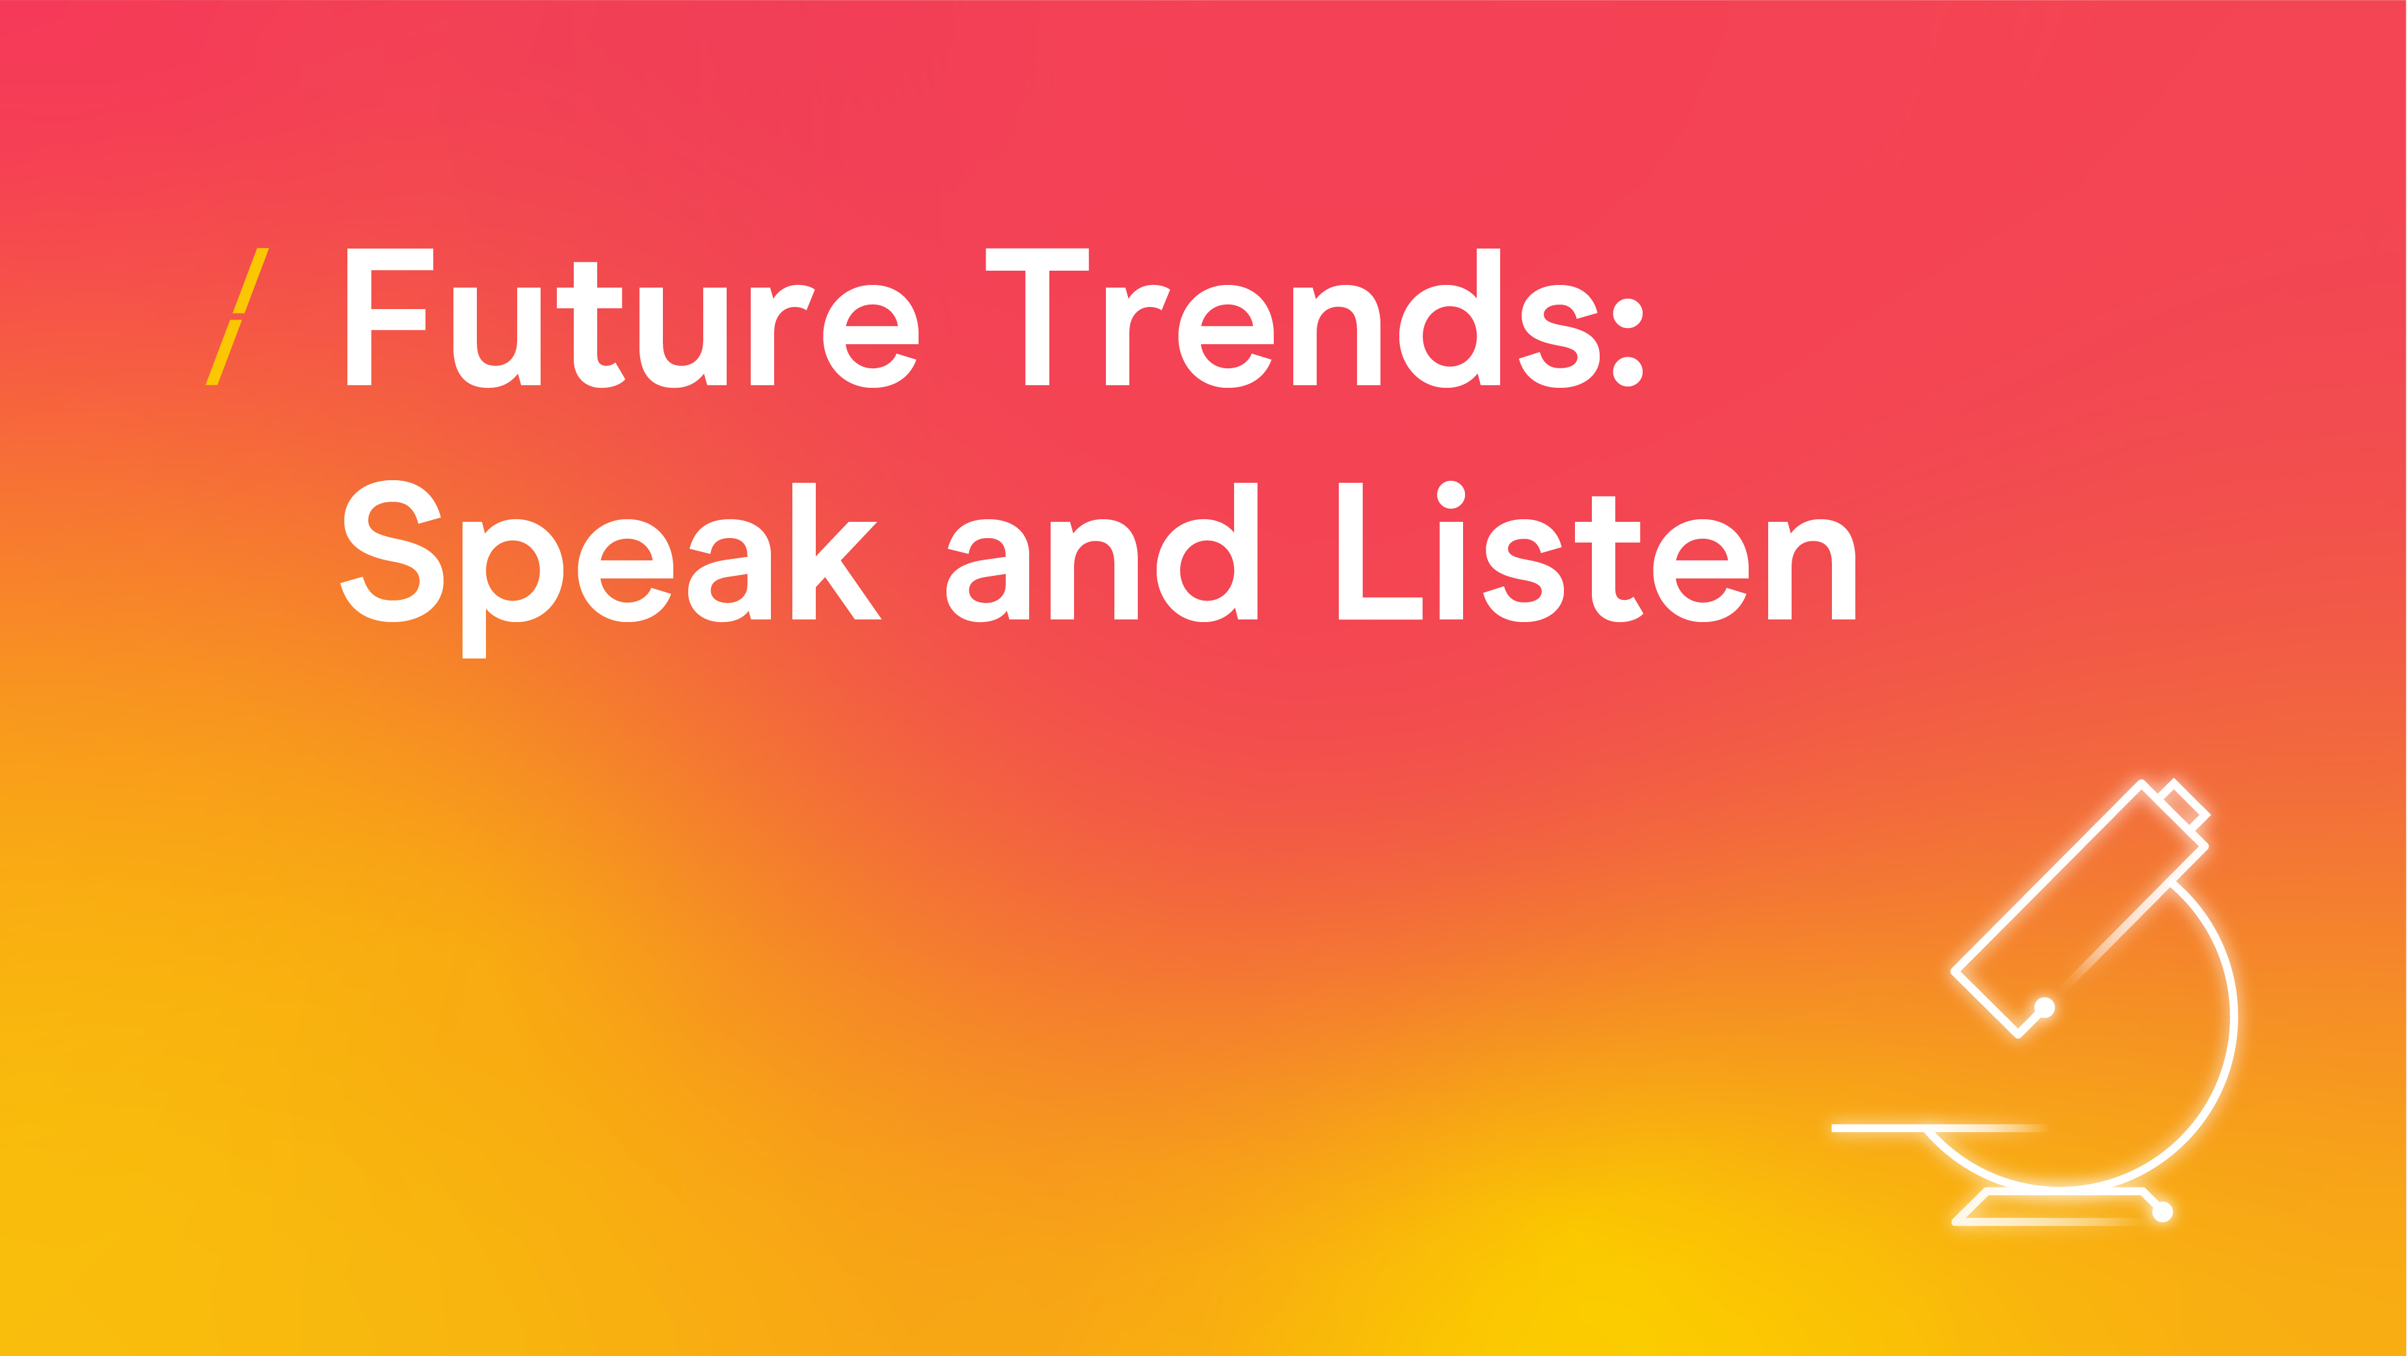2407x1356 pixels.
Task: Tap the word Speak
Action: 611,568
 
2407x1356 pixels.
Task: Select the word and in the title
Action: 1103,551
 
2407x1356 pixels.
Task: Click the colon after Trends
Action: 1628,342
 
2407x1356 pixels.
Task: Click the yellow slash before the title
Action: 237,316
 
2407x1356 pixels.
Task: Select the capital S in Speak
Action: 392,551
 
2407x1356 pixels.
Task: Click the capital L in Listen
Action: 1380,551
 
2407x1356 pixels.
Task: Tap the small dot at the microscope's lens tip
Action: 2045,1007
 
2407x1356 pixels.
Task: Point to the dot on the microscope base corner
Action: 2162,1213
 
